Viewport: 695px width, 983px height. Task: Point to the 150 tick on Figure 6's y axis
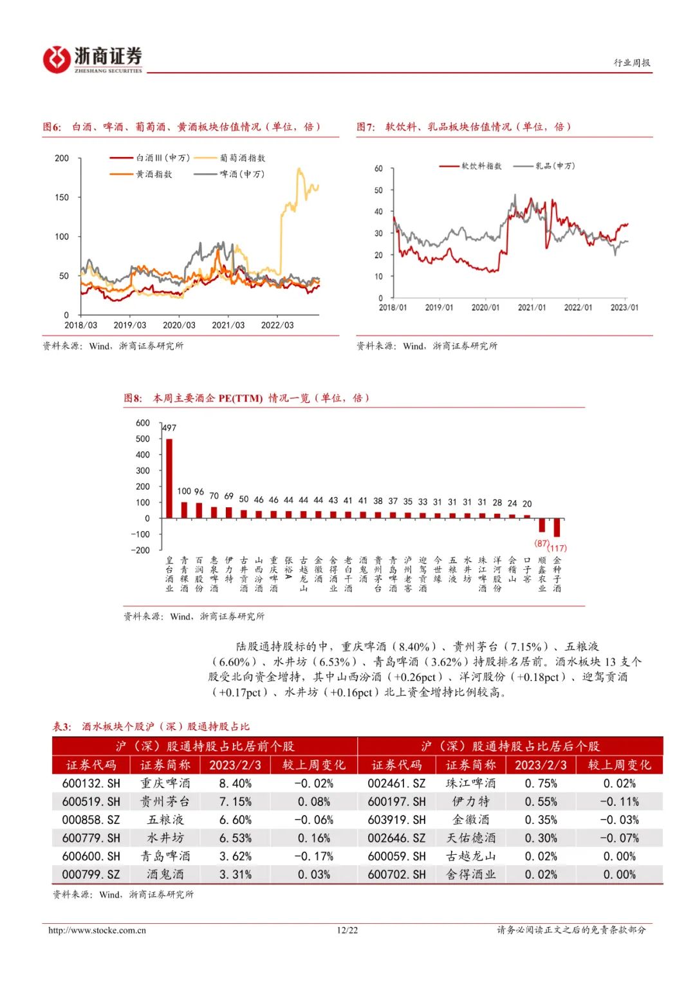click(x=62, y=198)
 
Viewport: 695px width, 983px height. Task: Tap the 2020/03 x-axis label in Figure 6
click(x=179, y=325)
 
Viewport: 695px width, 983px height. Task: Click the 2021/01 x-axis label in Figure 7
click(x=532, y=308)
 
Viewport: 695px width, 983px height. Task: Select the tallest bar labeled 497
click(x=169, y=478)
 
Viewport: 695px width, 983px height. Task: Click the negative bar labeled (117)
click(x=557, y=527)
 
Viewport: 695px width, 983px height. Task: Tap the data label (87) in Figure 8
click(x=542, y=543)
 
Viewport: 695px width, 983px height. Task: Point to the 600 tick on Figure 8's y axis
click(x=143, y=423)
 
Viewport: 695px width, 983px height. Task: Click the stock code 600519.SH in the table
click(x=91, y=801)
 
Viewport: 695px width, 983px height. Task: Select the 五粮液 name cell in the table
click(x=165, y=819)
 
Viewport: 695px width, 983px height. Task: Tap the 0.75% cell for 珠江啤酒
click(x=541, y=783)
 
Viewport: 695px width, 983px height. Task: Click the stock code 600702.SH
click(x=396, y=874)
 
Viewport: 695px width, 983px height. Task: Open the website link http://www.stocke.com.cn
click(x=97, y=930)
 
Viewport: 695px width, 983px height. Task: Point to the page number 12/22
click(x=347, y=930)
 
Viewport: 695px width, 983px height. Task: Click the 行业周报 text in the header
click(x=631, y=62)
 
